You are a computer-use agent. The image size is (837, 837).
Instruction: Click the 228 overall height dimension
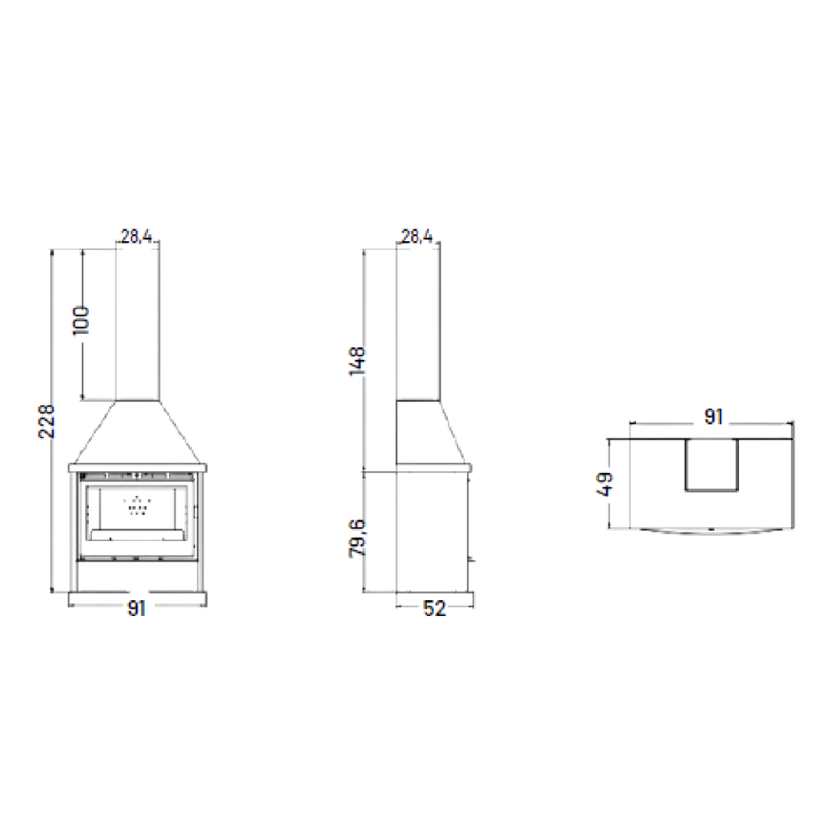47,421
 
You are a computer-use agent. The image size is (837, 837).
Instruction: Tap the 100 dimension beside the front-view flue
81,321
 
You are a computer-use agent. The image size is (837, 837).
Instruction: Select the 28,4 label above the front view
136,237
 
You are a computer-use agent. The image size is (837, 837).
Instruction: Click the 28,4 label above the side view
417,237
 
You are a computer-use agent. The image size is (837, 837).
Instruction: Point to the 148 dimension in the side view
357,361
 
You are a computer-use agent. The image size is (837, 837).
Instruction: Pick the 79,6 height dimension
357,537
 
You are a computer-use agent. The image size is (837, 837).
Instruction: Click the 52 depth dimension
434,608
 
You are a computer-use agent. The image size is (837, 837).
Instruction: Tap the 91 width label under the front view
136,608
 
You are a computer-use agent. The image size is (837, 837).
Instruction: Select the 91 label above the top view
714,417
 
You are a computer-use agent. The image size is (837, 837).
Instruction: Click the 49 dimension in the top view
605,484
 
